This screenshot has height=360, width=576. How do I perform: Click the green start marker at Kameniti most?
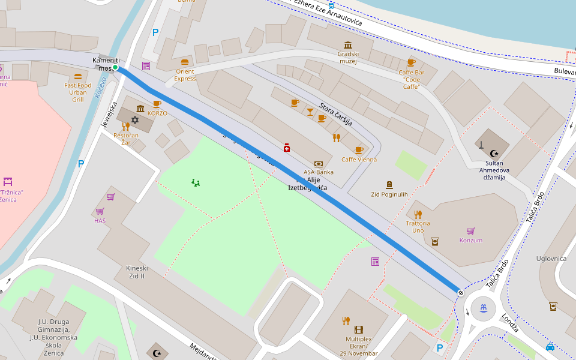click(115, 67)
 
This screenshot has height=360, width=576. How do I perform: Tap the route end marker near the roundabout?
click(460, 292)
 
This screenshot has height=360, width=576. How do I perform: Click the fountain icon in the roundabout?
click(484, 308)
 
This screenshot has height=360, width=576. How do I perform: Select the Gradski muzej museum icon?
click(348, 45)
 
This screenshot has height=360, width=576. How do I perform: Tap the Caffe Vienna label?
click(359, 159)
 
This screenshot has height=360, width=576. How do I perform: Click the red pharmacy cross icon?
click(287, 148)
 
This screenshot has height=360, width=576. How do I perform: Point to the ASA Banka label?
click(318, 172)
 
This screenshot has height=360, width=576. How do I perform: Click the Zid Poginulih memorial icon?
click(389, 185)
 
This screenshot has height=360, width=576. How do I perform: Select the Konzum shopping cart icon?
click(470, 231)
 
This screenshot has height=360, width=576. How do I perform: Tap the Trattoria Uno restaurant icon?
click(418, 214)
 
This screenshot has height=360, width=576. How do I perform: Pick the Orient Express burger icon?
click(185, 62)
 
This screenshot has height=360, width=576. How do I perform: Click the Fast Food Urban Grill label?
click(78, 92)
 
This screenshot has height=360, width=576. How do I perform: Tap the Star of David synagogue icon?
click(135, 120)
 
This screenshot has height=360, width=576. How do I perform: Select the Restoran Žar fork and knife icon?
click(125, 126)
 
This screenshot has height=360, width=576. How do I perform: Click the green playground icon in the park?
click(196, 182)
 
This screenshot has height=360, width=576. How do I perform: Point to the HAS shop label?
click(100, 220)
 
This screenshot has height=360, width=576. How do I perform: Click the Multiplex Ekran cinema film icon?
click(359, 329)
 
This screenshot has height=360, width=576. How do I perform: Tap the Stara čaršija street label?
click(336, 113)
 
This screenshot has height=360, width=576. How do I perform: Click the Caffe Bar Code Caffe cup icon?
click(411, 62)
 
